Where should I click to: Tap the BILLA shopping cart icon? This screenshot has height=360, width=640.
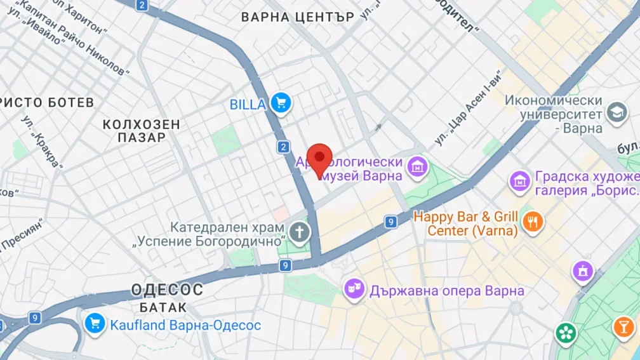click(280, 103)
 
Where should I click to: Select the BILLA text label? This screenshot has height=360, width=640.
click(248, 104)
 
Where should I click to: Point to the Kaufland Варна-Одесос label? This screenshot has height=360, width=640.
click(185, 325)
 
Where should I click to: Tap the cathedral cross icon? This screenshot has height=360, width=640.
click(300, 232)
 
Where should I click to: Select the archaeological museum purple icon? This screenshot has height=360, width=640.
click(418, 168)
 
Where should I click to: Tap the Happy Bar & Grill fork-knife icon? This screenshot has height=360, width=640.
click(532, 222)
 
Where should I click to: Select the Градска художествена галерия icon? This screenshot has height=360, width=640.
click(520, 180)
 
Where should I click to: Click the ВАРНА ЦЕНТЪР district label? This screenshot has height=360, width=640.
click(298, 17)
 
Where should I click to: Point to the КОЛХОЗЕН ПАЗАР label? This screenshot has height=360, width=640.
click(142, 131)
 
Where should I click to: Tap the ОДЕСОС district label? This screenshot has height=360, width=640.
click(167, 290)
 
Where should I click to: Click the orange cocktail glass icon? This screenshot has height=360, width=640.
click(623, 327)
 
